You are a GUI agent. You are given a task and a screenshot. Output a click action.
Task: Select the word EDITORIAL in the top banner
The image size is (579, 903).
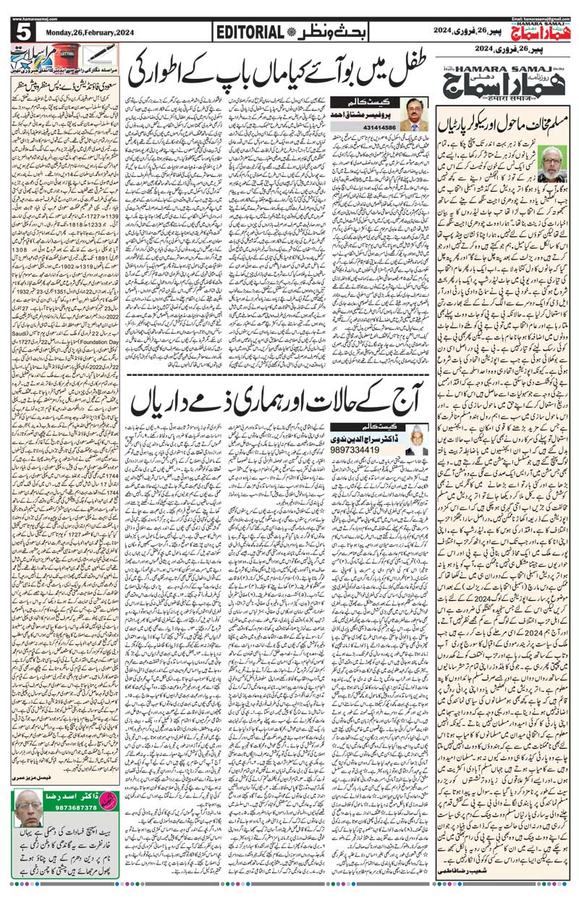pyautogui.click(x=248, y=33)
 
